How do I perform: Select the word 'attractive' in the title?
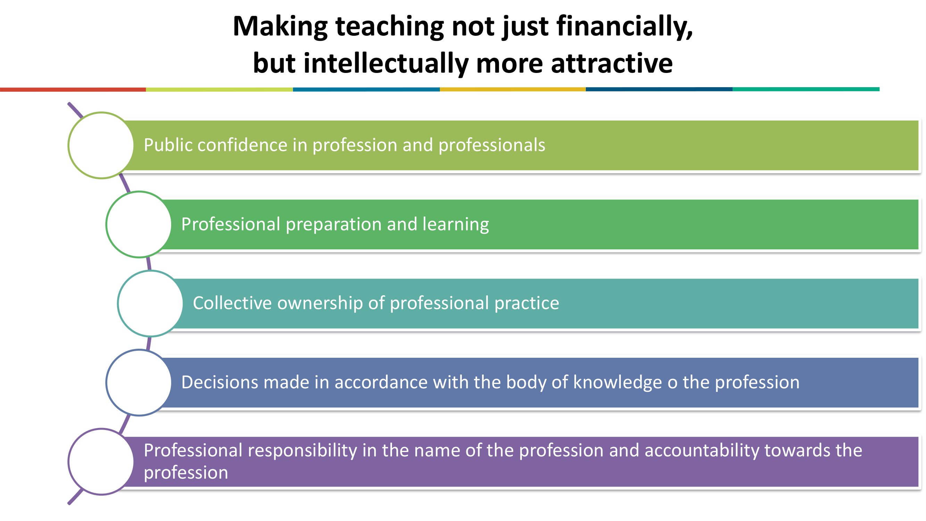pyautogui.click(x=611, y=64)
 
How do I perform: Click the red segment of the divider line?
pyautogui.click(x=73, y=90)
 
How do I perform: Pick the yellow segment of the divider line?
pyautogui.click(x=512, y=90)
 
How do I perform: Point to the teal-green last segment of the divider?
pyautogui.click(x=806, y=89)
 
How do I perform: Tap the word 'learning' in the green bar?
pyautogui.click(x=456, y=225)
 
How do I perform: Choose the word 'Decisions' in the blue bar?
pyautogui.click(x=220, y=382)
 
